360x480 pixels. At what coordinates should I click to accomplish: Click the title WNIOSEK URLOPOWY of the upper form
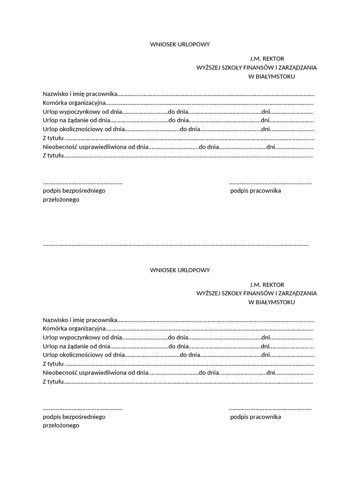pyautogui.click(x=180, y=45)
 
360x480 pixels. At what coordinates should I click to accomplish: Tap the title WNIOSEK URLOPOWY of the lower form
pyautogui.click(x=180, y=270)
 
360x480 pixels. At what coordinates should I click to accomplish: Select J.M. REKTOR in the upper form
pyautogui.click(x=267, y=59)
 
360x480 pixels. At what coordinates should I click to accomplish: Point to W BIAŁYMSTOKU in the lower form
pyautogui.click(x=271, y=302)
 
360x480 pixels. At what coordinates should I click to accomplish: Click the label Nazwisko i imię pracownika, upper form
pyautogui.click(x=80, y=95)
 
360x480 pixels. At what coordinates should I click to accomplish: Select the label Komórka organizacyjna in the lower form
pyautogui.click(x=74, y=329)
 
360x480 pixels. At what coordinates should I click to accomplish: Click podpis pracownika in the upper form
pyautogui.click(x=255, y=191)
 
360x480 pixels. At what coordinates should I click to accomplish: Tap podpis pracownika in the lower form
pyautogui.click(x=255, y=417)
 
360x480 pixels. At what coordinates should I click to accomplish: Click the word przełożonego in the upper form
pyautogui.click(x=61, y=200)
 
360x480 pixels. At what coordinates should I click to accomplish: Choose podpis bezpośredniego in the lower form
pyautogui.click(x=74, y=417)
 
